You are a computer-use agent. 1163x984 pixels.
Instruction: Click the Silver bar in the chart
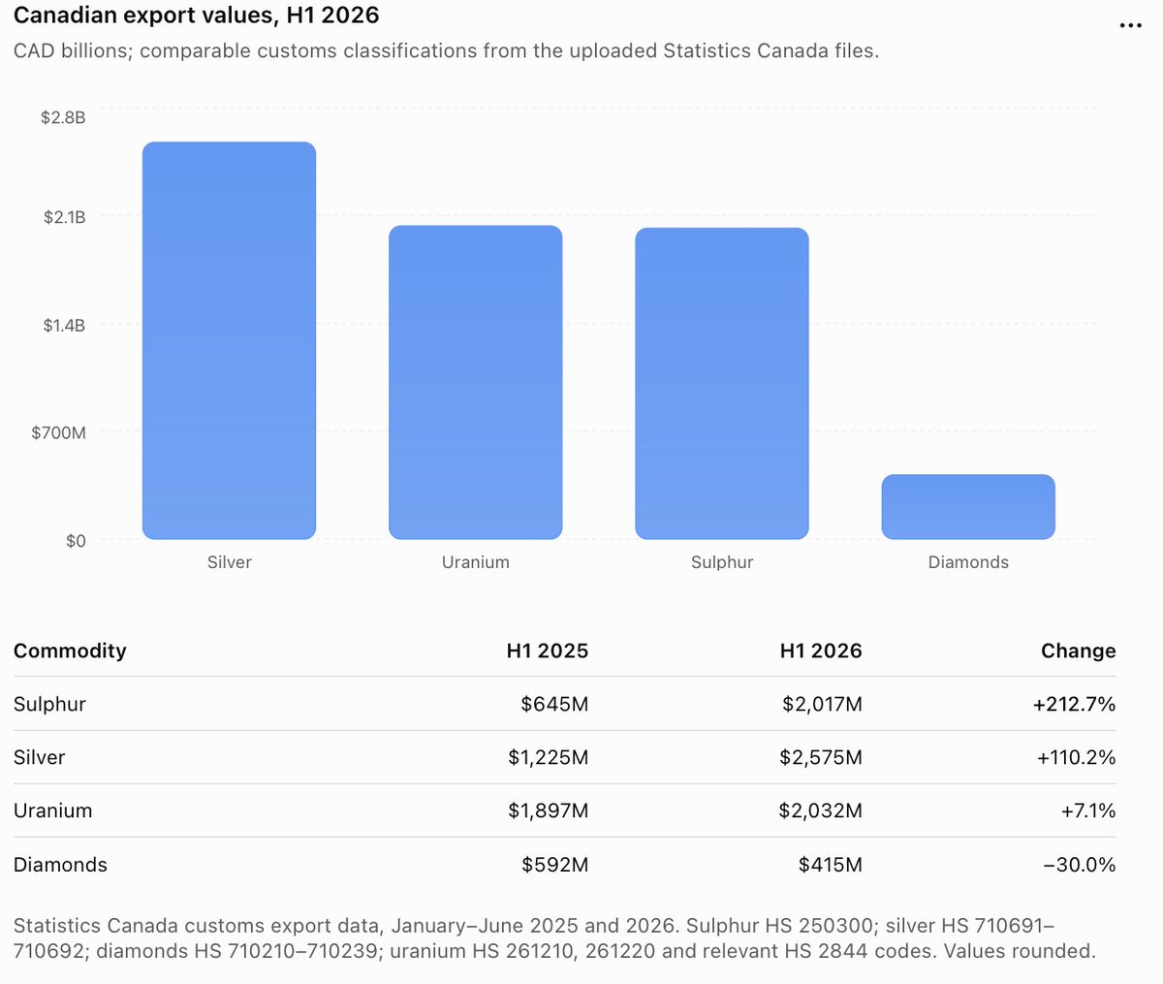tap(229, 340)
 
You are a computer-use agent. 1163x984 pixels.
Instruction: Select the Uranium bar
tap(476, 382)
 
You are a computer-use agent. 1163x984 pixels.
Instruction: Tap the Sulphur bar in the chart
tap(722, 383)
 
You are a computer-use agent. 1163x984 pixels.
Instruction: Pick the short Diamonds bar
tap(968, 507)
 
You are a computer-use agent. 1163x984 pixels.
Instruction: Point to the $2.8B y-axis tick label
tap(63, 117)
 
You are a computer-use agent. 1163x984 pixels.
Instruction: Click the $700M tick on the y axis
tap(58, 433)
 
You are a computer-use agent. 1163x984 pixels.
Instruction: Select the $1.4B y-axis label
tap(64, 326)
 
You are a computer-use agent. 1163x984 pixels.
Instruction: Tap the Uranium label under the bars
tap(476, 562)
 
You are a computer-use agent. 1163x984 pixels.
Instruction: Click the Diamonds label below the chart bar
tap(968, 562)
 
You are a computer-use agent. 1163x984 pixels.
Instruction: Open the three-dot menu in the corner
tap(1130, 25)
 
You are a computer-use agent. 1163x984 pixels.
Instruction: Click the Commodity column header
tap(70, 651)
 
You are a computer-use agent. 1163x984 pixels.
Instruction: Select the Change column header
tap(1078, 651)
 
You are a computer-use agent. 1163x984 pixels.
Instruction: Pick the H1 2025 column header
tap(548, 651)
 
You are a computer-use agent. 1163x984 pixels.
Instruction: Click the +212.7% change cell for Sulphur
tap(1074, 704)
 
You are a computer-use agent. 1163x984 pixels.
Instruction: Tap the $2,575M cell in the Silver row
tap(821, 758)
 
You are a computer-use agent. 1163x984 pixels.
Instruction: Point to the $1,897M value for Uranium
tap(548, 810)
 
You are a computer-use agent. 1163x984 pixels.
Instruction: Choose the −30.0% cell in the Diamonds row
tap(1079, 865)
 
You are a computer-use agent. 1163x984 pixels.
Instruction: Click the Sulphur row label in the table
tap(49, 704)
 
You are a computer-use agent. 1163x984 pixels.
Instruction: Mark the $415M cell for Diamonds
tap(831, 865)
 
